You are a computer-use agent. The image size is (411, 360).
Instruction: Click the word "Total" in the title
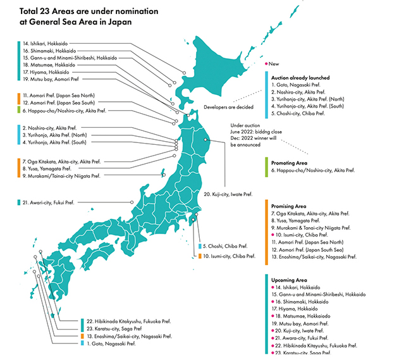[x=31, y=11]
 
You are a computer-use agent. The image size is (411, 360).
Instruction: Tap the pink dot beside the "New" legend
[x=266, y=64]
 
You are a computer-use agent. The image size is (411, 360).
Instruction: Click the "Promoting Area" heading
[x=289, y=163]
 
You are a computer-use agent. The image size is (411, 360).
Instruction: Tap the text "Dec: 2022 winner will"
[x=254, y=139]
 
